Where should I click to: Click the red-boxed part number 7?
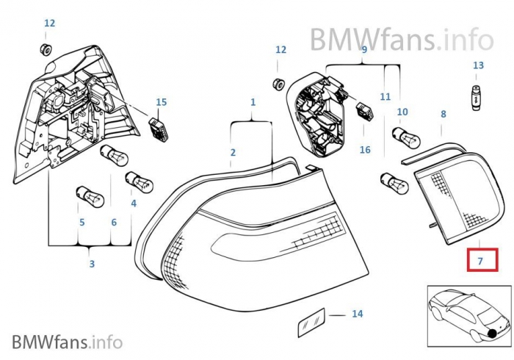pyautogui.click(x=482, y=261)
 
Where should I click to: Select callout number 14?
pyautogui.click(x=357, y=314)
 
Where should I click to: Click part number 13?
pyautogui.click(x=478, y=65)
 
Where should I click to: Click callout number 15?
pyautogui.click(x=162, y=101)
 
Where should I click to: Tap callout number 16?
pyautogui.click(x=365, y=150)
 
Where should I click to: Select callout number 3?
pyautogui.click(x=91, y=264)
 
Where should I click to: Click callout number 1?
pyautogui.click(x=253, y=101)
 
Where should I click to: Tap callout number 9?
pyautogui.click(x=363, y=49)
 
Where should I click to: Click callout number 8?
pyautogui.click(x=443, y=114)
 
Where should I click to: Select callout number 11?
pyautogui.click(x=385, y=96)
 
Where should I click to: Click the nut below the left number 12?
pyautogui.click(x=45, y=49)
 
